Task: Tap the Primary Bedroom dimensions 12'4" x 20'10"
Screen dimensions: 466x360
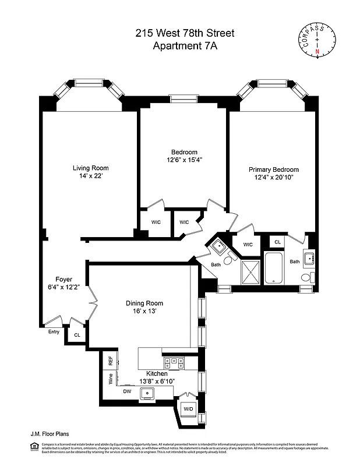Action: click(273, 177)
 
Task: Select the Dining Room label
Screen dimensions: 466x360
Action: click(144, 303)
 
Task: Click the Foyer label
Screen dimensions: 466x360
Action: click(63, 279)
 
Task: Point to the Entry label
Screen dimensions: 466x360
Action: click(54, 332)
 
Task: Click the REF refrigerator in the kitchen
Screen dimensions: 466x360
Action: click(110, 361)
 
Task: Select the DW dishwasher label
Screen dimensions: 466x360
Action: click(127, 392)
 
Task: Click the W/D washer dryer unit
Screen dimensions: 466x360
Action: click(188, 409)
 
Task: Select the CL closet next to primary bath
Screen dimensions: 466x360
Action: click(277, 241)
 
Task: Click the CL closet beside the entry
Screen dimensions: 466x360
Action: click(77, 335)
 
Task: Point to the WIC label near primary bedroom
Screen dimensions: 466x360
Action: click(248, 244)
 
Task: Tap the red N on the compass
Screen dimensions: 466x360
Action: click(317, 52)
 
